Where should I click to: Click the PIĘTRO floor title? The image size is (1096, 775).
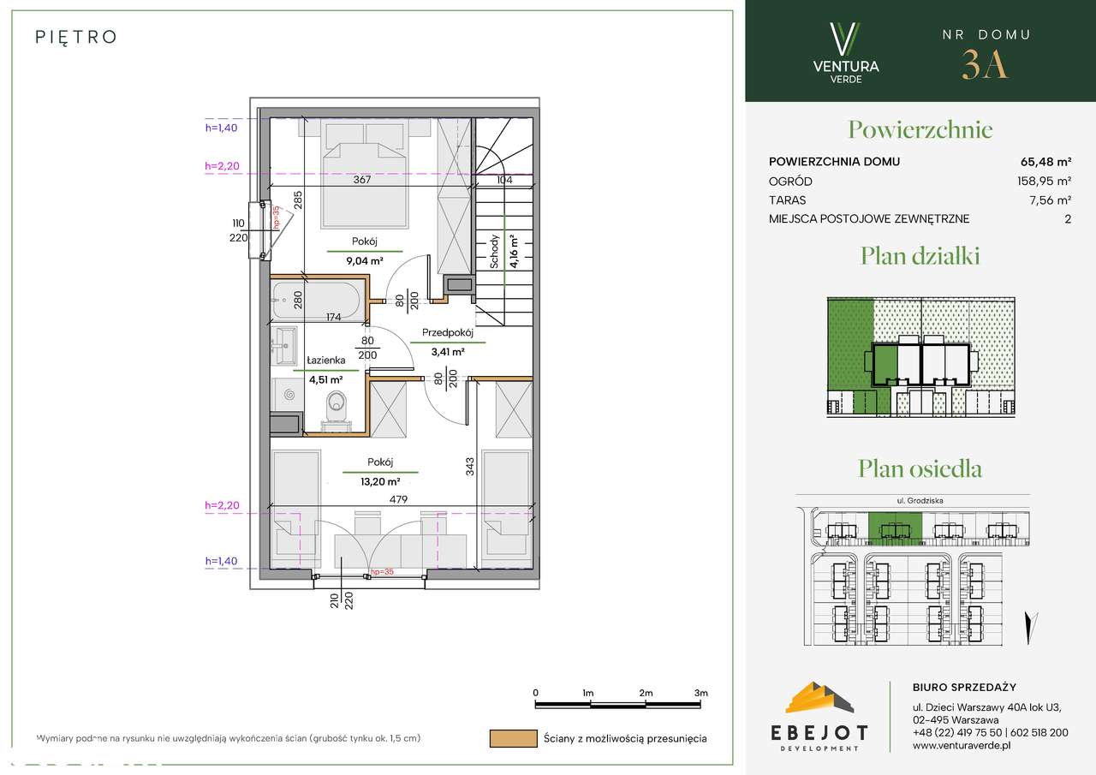coord(76,37)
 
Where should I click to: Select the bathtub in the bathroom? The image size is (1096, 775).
coord(318,300)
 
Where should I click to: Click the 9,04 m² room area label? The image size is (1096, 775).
coord(365,261)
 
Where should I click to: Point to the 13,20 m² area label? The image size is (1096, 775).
coord(380,481)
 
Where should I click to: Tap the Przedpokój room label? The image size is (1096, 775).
coord(448,333)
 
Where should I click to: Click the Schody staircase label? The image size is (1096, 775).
coord(494,252)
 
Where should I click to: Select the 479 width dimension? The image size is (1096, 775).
coord(399,499)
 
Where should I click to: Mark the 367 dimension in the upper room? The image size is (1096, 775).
coord(362,180)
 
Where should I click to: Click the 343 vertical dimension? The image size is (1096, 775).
coord(470,466)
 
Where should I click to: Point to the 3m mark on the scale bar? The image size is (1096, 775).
coord(700,693)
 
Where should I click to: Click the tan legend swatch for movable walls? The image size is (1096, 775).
coord(513,738)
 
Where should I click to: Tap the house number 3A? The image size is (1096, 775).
coord(985,65)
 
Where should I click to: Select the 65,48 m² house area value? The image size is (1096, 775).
coord(1046,162)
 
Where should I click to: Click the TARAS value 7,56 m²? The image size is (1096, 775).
coord(1051,200)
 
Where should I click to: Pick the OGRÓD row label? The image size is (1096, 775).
coord(790,182)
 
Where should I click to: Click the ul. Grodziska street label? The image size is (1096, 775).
coord(920,500)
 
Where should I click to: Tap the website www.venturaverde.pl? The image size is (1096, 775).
coord(962,746)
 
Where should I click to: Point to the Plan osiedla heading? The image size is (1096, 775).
coord(920,468)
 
